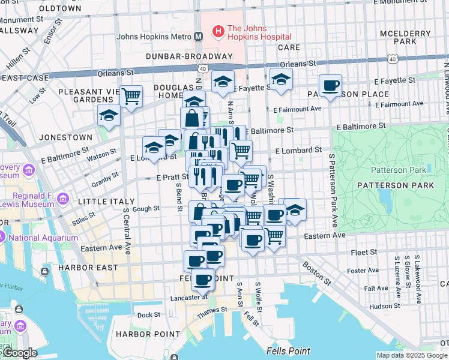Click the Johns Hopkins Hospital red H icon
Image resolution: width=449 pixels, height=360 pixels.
[218, 29]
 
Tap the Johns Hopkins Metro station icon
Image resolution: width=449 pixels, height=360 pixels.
[198, 36]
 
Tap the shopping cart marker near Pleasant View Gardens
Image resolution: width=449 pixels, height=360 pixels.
[131, 95]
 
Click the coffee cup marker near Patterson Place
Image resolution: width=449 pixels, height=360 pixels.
[330, 85]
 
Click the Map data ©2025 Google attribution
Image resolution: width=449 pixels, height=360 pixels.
[411, 355]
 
